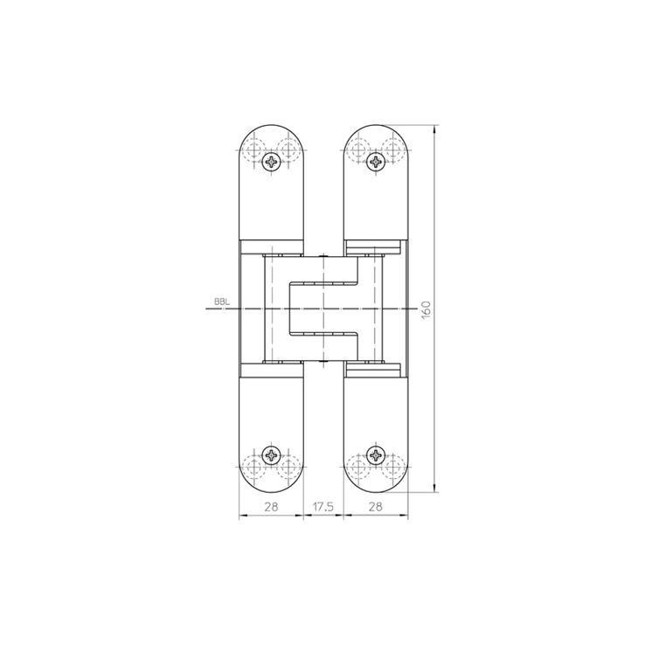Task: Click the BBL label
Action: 222,302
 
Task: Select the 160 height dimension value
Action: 427,309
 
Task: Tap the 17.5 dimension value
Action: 322,507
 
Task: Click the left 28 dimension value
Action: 271,507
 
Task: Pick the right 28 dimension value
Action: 375,507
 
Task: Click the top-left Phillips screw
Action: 272,162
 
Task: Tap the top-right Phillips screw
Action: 376,162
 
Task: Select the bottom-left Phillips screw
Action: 272,455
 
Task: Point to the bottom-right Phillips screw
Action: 376,455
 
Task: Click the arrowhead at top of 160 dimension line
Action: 435,128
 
